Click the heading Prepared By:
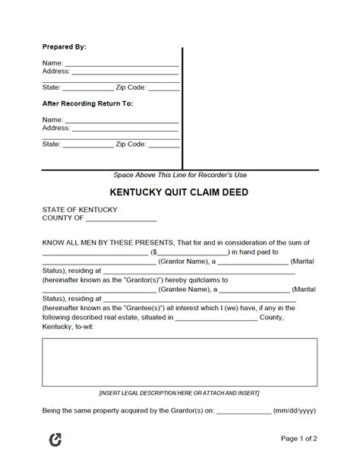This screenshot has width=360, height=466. (65, 46)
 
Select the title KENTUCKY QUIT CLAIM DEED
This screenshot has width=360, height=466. (180, 192)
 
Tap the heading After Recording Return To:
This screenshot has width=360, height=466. (88, 103)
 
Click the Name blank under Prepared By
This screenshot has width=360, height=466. (122, 64)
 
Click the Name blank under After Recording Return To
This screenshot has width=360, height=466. (122, 121)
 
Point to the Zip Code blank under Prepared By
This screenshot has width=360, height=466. (164, 87)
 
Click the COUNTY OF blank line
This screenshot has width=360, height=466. (121, 219)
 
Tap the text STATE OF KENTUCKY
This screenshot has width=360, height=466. (80, 209)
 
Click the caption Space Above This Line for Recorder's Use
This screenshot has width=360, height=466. (180, 175)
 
